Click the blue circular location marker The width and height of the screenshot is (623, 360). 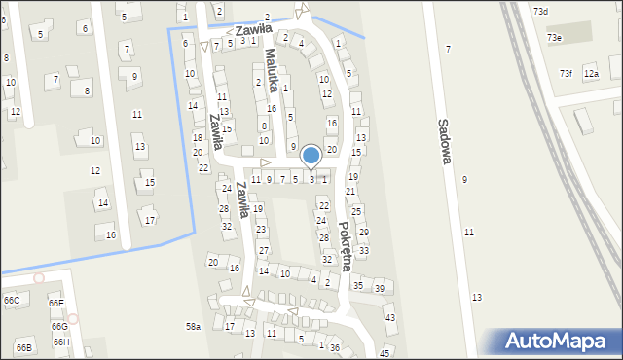(x=311, y=155)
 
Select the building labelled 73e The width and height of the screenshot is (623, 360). (x=554, y=37)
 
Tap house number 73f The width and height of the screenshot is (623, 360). (x=566, y=73)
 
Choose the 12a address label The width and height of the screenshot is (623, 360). (x=591, y=73)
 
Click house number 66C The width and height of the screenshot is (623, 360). (x=11, y=301)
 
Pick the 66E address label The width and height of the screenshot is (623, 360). (x=55, y=304)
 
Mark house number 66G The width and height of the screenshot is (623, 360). (x=59, y=326)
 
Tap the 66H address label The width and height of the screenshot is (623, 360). (x=61, y=342)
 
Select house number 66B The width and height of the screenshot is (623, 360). (x=23, y=347)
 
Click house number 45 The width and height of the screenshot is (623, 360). (x=385, y=352)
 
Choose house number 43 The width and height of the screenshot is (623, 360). (x=390, y=318)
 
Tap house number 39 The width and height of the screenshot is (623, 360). (x=380, y=288)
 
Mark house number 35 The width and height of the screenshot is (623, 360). (x=358, y=285)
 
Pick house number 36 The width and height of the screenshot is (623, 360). (x=335, y=347)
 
